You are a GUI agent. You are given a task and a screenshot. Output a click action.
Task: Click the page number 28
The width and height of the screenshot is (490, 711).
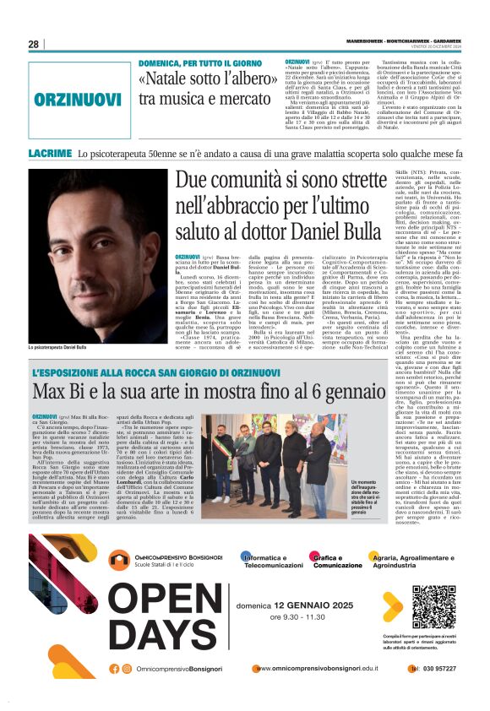coord(34,44)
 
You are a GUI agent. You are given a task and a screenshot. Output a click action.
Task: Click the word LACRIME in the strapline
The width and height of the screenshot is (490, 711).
coord(50,155)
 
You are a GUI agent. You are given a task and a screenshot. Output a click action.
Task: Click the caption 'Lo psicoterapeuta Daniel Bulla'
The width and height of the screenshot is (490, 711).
coord(58,348)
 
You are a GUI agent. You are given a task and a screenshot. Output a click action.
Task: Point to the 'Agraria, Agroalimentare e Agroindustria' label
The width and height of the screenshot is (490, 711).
coord(423,562)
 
